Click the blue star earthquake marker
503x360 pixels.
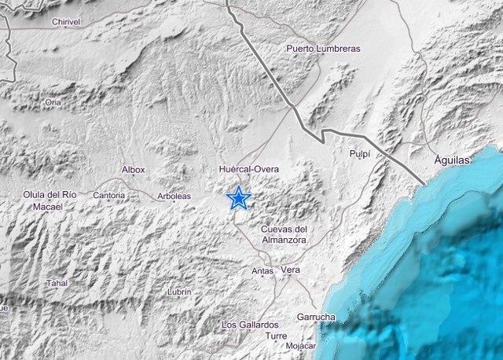pyautogui.click(x=238, y=198)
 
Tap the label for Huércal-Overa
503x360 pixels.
pyautogui.click(x=249, y=169)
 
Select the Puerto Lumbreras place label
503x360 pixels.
pyautogui.click(x=324, y=49)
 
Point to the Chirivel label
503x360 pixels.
pyautogui.click(x=66, y=23)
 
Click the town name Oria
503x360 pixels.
pyautogui.click(x=53, y=102)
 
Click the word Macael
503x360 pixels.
pyautogui.click(x=49, y=207)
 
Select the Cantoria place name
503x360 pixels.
pyautogui.click(x=108, y=195)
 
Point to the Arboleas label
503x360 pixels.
pyautogui.click(x=173, y=196)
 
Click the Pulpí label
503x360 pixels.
pyautogui.click(x=359, y=154)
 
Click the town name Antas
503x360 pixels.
pyautogui.click(x=263, y=271)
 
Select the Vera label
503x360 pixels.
pyautogui.click(x=291, y=270)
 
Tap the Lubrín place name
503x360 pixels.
pyautogui.click(x=179, y=292)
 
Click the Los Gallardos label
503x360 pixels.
pyautogui.click(x=250, y=325)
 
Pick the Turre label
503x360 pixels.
pyautogui.click(x=276, y=336)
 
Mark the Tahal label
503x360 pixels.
pyautogui.click(x=57, y=283)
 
